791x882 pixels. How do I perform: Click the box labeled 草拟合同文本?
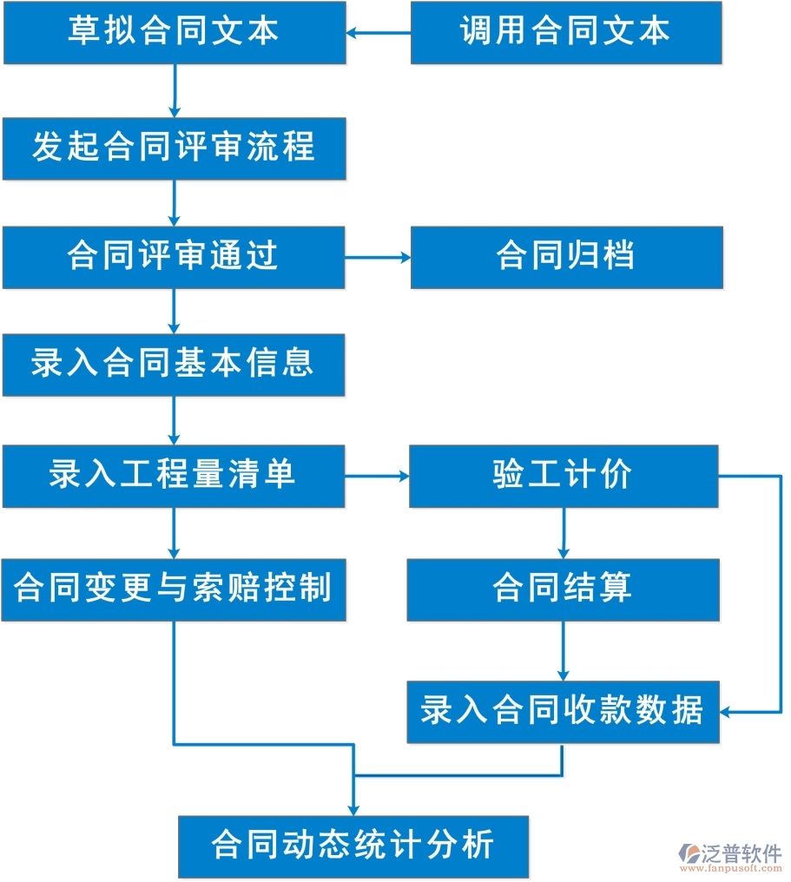174,32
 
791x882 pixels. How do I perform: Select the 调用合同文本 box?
565,32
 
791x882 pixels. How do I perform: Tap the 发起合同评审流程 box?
174,148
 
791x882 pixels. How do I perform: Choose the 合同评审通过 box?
174,256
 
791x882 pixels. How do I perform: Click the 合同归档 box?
565,256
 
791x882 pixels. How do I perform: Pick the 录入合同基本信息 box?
174,365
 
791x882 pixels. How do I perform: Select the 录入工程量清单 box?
174,476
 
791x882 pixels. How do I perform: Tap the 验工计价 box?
564,476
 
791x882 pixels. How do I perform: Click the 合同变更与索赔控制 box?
174,589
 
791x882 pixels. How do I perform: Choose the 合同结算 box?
564,589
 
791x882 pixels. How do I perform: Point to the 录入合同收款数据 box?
564,712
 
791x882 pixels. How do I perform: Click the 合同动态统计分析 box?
353,846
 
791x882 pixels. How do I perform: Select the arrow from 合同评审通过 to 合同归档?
378,257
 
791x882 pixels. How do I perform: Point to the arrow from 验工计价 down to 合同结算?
564,532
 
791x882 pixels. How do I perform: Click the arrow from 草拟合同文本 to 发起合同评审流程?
175,90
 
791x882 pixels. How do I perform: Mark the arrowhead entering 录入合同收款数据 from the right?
726,712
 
